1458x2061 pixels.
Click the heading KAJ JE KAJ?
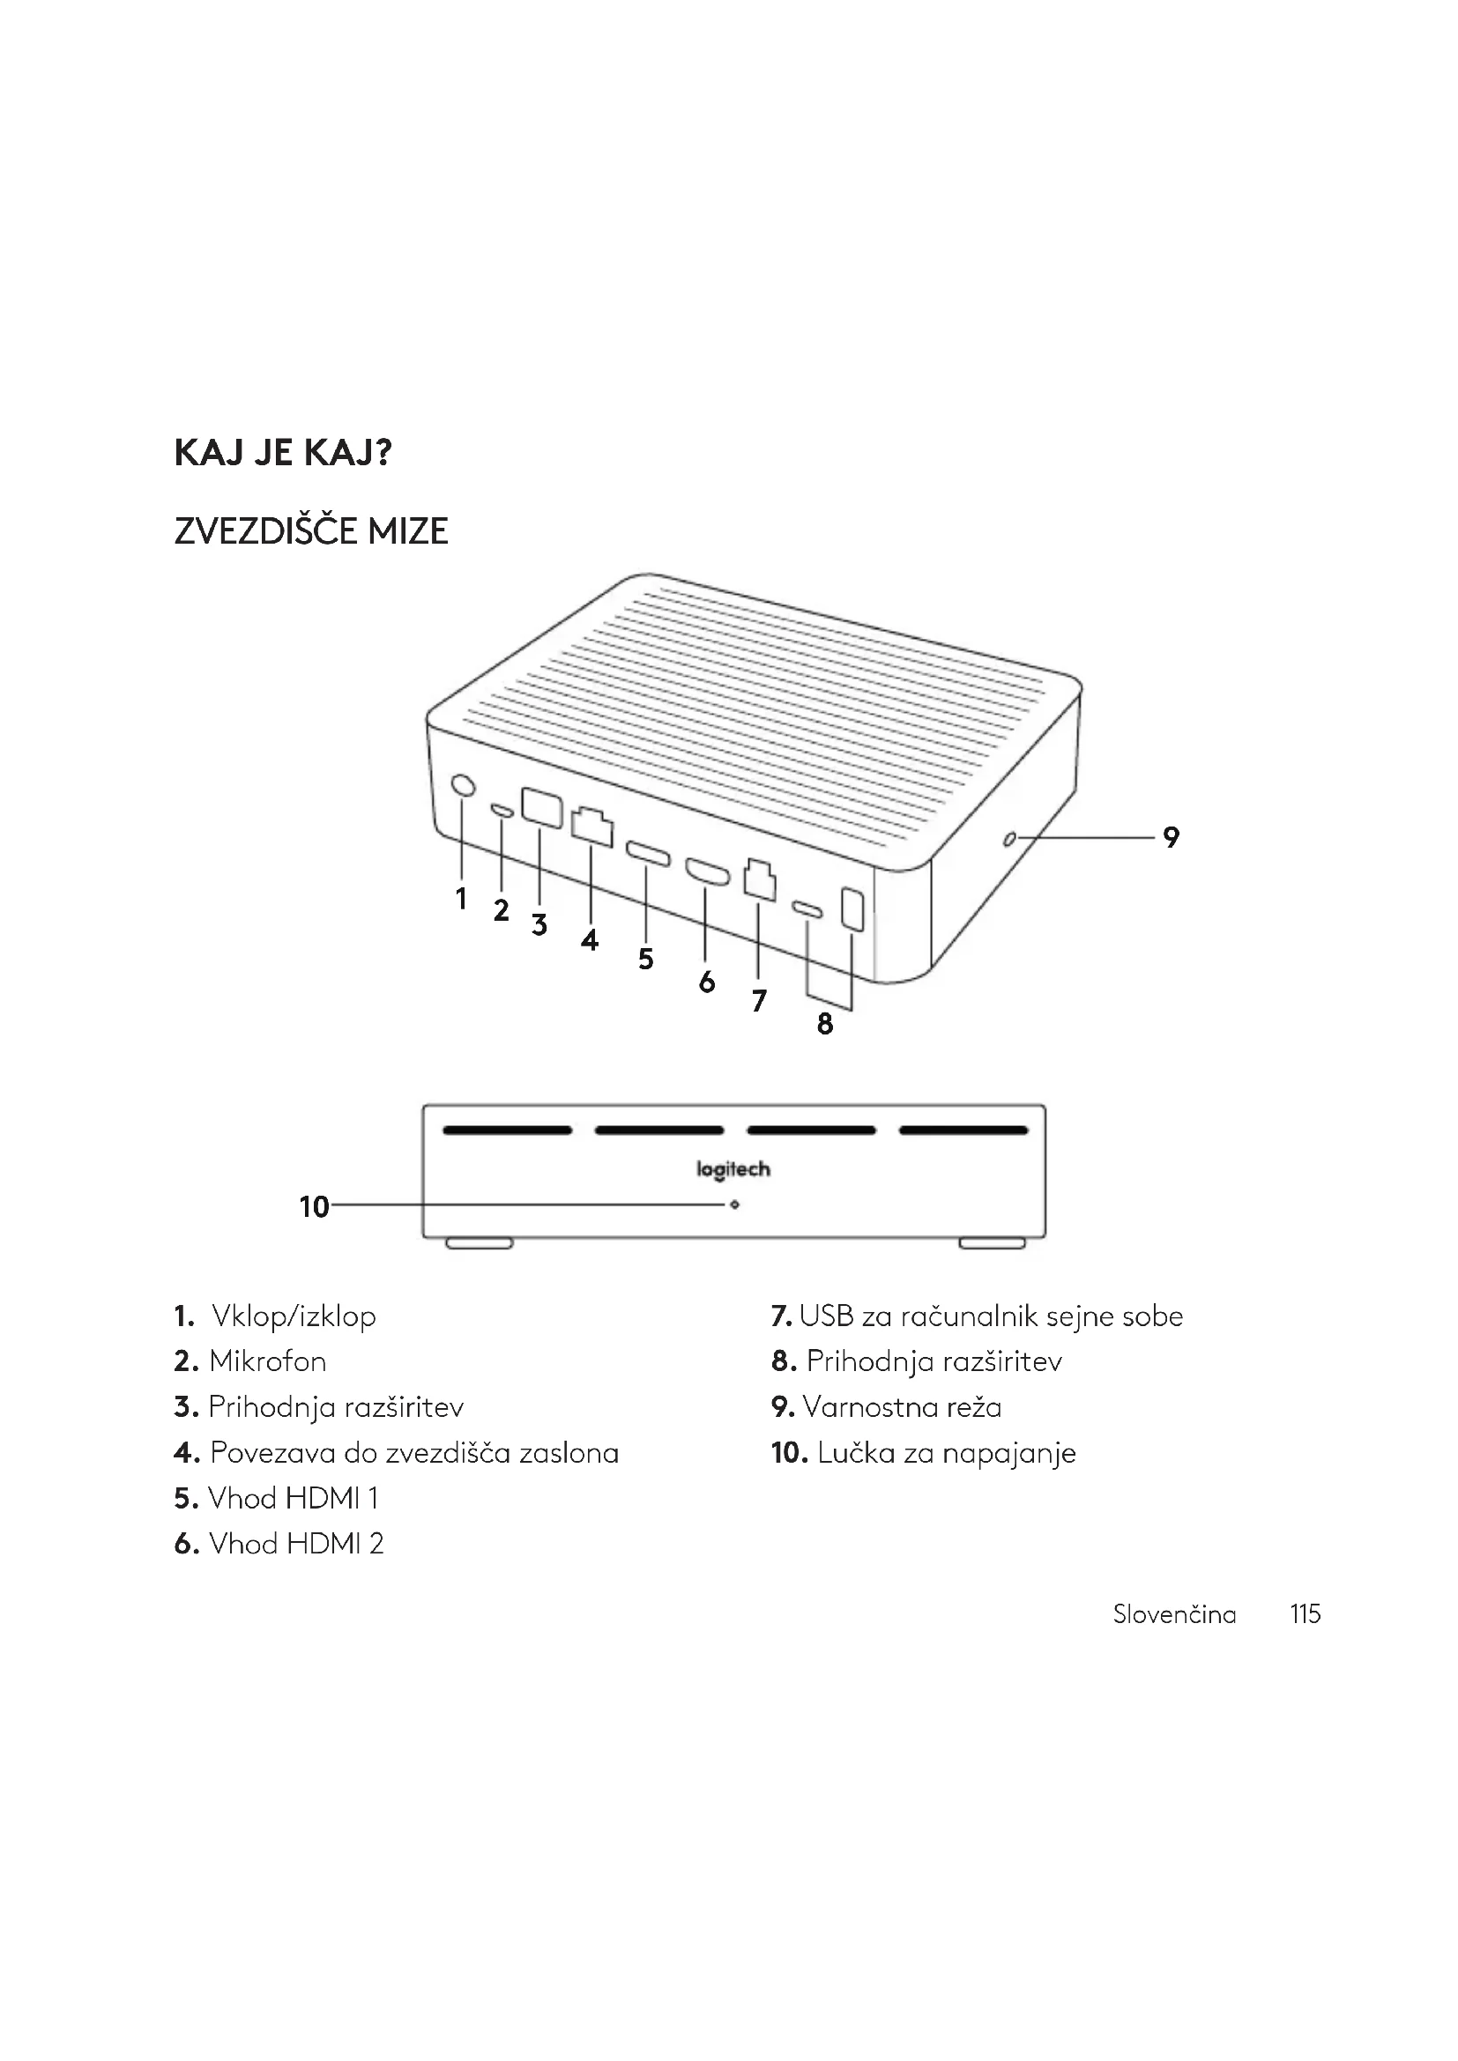283,453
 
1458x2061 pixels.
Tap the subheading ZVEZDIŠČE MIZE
310,531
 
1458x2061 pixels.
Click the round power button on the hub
463,785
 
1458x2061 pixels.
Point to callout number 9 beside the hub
1171,837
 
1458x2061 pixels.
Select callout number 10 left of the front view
314,1206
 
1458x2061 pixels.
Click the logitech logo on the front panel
733,1169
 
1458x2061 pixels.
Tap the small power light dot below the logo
734,1205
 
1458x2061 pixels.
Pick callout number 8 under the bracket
825,1023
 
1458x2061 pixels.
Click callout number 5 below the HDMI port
645,959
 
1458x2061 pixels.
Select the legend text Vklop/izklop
294,1316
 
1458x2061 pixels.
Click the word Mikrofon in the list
268,1361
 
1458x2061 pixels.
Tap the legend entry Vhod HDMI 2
295,1544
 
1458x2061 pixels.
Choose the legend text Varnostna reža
902,1407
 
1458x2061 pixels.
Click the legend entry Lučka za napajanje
946,1453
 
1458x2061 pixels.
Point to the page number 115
1306,1614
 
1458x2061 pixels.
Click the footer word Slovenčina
1174,1614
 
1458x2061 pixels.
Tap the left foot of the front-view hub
480,1243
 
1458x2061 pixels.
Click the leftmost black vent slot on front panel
507,1131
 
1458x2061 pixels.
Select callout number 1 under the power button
461,898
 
